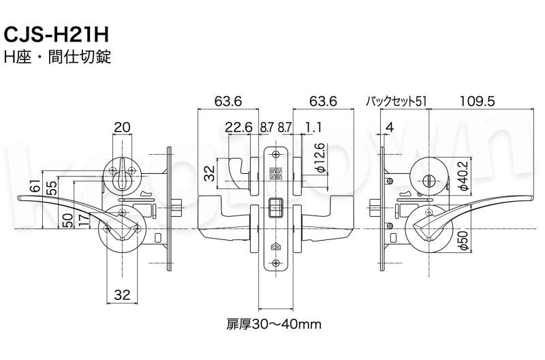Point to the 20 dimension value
tap(123, 126)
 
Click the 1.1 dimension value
tap(314, 127)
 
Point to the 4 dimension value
tap(389, 127)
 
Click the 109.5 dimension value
tap(476, 102)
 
